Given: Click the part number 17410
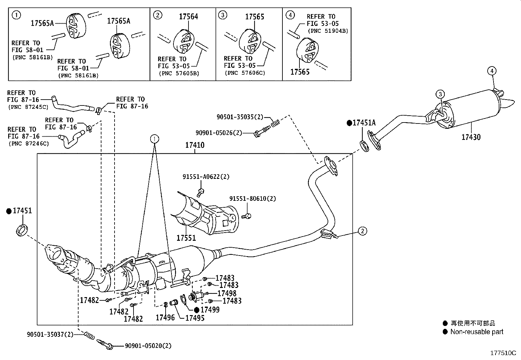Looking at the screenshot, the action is [195, 145].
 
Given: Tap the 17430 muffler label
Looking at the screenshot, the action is [471, 137].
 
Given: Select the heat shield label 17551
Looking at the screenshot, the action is [186, 238].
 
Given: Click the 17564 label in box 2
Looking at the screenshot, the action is [189, 16].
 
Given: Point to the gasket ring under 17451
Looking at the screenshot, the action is [22, 230].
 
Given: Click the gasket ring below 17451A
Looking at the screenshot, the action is [364, 146].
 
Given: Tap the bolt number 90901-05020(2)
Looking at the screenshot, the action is [148, 346].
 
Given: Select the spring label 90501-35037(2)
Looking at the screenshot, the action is [50, 334].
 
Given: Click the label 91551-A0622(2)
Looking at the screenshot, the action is [206, 177].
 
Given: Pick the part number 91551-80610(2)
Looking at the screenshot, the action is [253, 199].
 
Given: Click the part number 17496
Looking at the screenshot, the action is [165, 317].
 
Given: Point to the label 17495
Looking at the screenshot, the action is [195, 318].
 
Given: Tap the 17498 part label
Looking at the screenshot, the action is [227, 293].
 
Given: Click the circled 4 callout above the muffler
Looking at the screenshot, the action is [492, 71].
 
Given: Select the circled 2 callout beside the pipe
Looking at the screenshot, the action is [362, 231].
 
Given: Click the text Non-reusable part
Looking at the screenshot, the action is [477, 332].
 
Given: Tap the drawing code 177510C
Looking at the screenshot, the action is [503, 353].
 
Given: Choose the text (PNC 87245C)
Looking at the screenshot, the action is [28, 107].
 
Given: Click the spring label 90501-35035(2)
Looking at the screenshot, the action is [240, 117].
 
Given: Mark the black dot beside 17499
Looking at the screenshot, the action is [197, 310].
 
